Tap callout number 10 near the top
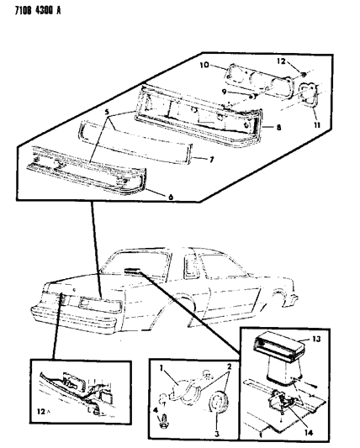pyautogui.click(x=204, y=65)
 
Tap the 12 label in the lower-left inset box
pyautogui.click(x=41, y=420)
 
